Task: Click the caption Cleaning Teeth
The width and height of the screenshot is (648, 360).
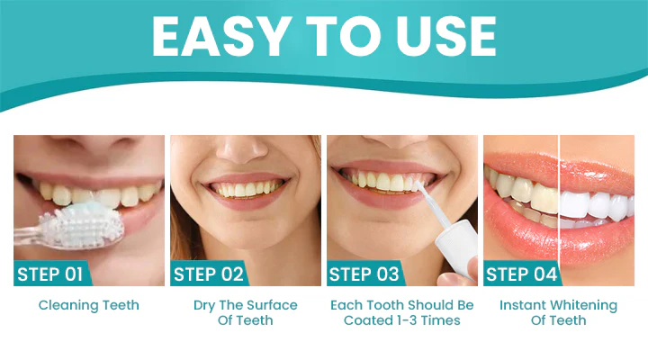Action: coord(88,305)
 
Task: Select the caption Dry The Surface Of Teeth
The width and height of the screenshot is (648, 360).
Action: coord(245,312)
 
